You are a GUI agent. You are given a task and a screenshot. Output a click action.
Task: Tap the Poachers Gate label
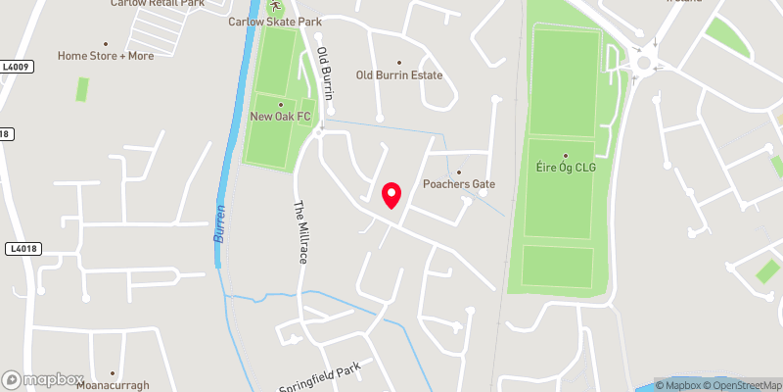click(459, 184)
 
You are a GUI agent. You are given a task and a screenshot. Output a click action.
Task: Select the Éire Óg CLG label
click(566, 169)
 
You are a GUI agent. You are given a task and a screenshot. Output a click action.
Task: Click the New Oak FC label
click(280, 118)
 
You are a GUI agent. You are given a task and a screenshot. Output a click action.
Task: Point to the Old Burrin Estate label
click(399, 75)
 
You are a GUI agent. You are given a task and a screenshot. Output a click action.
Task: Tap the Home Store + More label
click(106, 56)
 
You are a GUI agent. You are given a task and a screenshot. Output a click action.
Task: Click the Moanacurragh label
click(113, 385)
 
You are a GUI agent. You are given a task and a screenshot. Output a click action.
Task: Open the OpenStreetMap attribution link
click(742, 384)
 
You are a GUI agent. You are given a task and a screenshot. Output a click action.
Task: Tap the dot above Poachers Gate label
click(459, 171)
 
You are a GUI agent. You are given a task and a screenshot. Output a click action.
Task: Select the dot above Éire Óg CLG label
click(566, 156)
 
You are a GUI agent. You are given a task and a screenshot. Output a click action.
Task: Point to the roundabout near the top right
click(643, 63)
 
